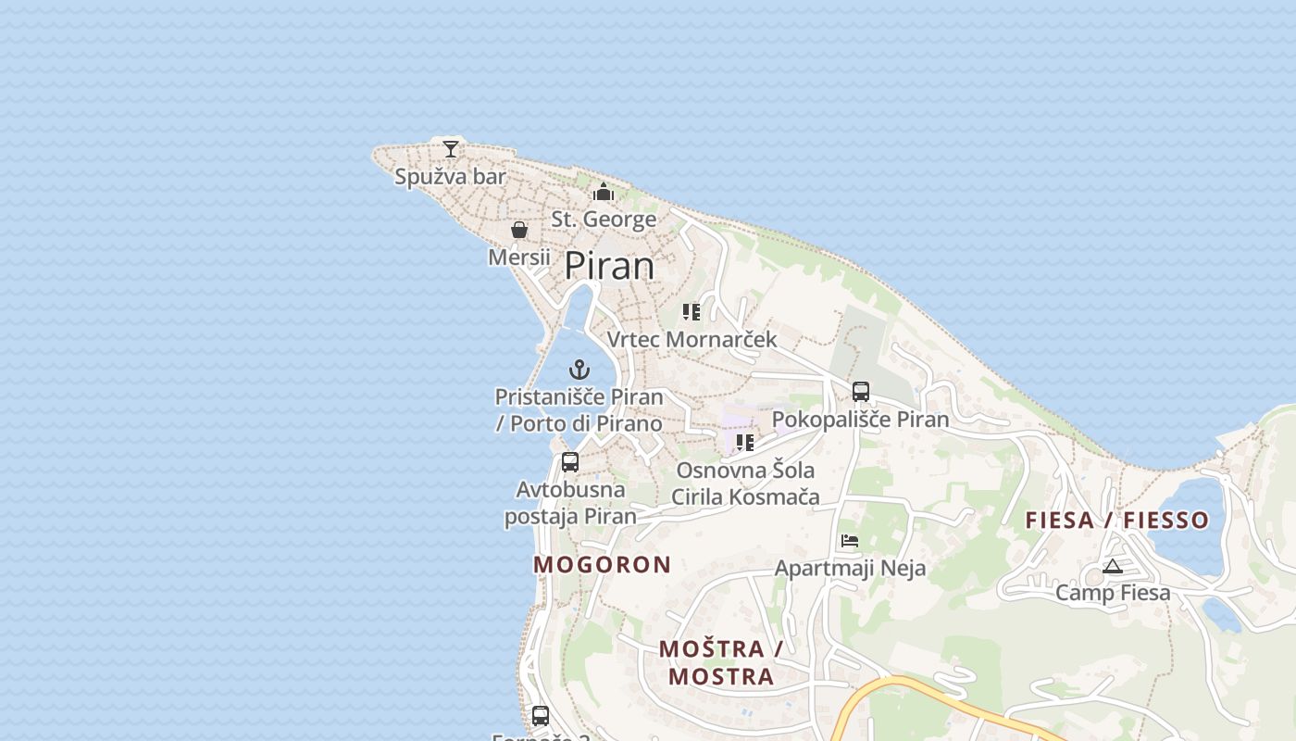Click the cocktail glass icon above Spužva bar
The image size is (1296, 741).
pyautogui.click(x=451, y=148)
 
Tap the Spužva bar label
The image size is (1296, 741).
pyautogui.click(x=451, y=176)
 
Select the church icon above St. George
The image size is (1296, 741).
pyautogui.click(x=604, y=193)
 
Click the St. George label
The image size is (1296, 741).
pyautogui.click(x=604, y=220)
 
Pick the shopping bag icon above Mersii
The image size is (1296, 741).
pyautogui.click(x=519, y=230)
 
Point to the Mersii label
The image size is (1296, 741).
pyautogui.click(x=519, y=257)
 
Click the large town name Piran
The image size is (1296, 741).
pyautogui.click(x=609, y=266)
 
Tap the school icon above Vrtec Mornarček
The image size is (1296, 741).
pyautogui.click(x=692, y=312)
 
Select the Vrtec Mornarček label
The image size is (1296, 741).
pyautogui.click(x=692, y=339)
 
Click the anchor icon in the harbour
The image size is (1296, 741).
pyautogui.click(x=579, y=370)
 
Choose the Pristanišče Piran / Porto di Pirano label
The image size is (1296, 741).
pyautogui.click(x=579, y=410)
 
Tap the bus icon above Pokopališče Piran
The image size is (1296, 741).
pyautogui.click(x=861, y=392)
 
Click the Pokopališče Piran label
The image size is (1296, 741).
pyautogui.click(x=861, y=420)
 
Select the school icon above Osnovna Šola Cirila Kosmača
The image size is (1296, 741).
pyautogui.click(x=745, y=443)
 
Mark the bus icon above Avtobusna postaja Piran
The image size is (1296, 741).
pyautogui.click(x=570, y=461)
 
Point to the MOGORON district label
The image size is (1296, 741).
pyautogui.click(x=603, y=565)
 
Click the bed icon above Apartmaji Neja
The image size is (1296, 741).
pyautogui.click(x=850, y=541)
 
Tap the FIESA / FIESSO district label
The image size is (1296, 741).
pyautogui.click(x=1117, y=521)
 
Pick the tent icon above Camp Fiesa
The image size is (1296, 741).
pyautogui.click(x=1113, y=566)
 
